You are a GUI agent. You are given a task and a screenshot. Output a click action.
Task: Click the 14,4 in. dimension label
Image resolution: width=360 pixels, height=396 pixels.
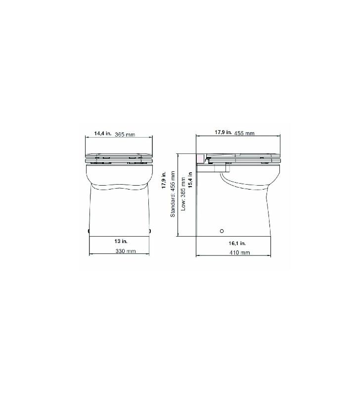click(103, 133)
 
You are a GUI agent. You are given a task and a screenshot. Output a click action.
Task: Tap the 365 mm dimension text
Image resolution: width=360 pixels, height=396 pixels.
click(125, 135)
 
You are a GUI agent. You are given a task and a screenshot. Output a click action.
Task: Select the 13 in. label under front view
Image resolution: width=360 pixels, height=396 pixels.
click(121, 241)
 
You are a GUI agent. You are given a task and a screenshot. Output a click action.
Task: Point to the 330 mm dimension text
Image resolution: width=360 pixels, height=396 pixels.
click(126, 251)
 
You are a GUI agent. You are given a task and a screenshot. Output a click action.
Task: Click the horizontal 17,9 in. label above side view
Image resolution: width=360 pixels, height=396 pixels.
click(223, 132)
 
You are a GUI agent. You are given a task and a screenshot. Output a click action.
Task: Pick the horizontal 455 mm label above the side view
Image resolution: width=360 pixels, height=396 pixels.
click(244, 133)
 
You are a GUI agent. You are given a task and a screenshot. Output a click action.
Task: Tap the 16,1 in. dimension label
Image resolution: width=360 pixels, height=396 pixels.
click(237, 244)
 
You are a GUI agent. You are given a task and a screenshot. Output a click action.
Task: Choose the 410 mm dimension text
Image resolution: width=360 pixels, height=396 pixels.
click(240, 252)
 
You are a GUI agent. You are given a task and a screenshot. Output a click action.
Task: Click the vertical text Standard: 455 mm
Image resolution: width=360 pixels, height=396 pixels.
click(173, 194)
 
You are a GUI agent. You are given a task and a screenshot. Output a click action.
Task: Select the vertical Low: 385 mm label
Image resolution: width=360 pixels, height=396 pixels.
click(183, 194)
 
